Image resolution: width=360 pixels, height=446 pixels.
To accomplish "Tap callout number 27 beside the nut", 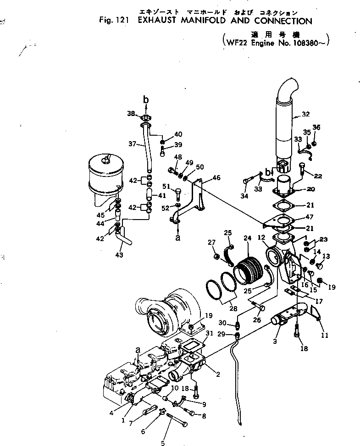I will [x=211, y=242].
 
